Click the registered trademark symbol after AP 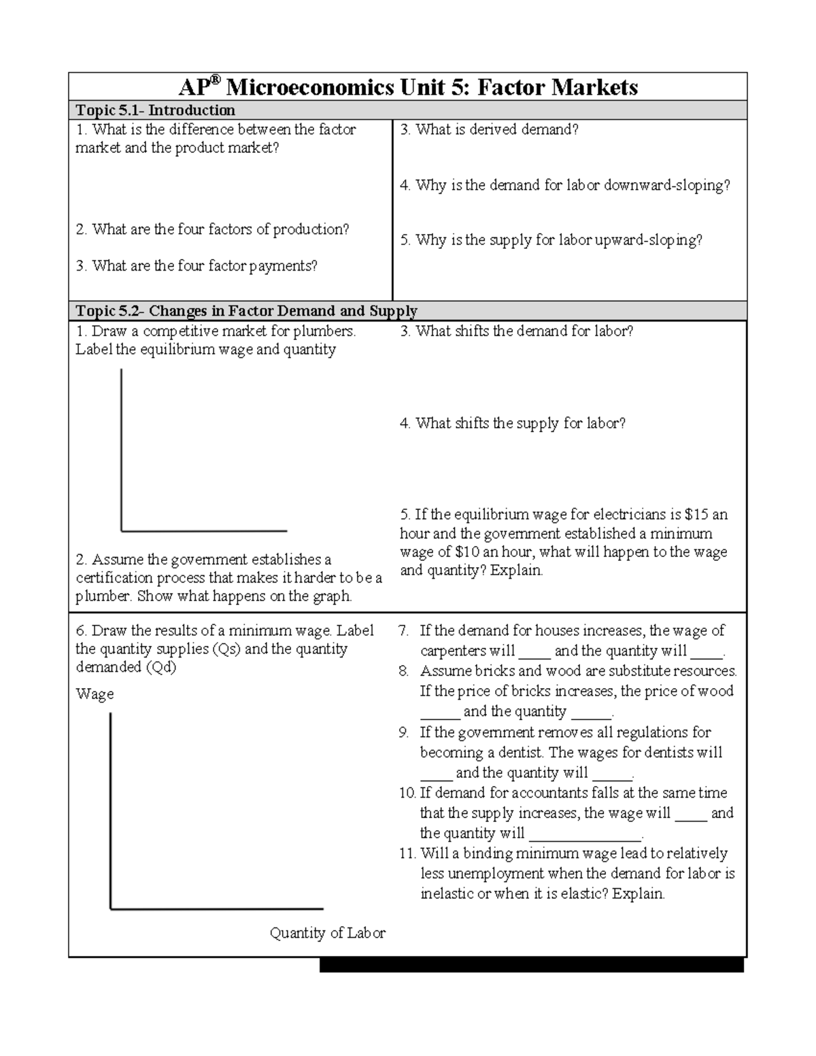click(215, 80)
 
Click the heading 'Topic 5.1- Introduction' click(155, 110)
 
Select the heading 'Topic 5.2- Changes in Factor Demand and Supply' click(246, 311)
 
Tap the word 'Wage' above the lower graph click(95, 694)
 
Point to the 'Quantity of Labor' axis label click(327, 933)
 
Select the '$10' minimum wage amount click(462, 552)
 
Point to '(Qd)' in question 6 click(160, 667)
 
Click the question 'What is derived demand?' click(496, 129)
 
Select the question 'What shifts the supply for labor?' click(520, 423)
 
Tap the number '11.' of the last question click(407, 853)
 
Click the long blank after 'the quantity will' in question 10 click(585, 836)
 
